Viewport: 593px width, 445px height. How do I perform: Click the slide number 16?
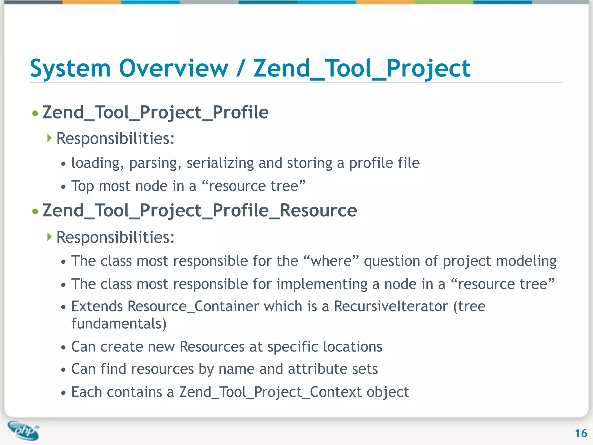581,433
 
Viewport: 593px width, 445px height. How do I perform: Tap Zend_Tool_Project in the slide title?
362,69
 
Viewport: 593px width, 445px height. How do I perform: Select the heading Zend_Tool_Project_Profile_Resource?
200,211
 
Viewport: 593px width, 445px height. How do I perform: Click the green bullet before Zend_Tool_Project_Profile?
35,113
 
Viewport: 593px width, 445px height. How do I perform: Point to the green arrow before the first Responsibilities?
50,138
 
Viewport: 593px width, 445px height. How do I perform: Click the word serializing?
220,163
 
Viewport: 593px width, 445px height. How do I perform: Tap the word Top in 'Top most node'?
82,186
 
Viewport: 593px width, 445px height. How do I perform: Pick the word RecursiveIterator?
391,307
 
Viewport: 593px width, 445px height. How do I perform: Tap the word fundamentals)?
119,324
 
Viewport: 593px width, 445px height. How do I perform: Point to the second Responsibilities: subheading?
115,237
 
